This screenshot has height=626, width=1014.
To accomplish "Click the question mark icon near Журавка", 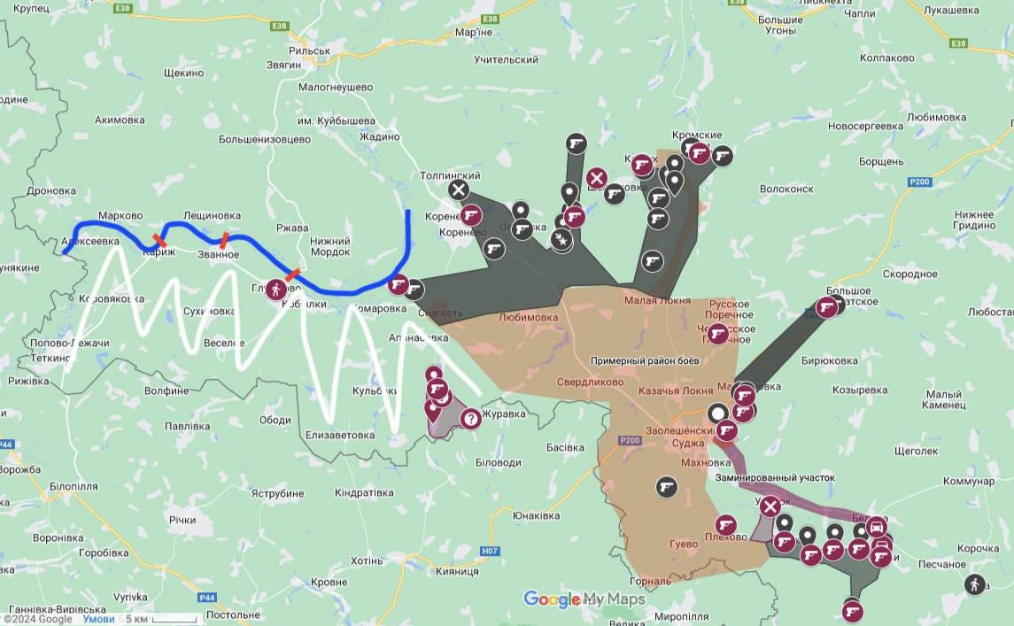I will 470,418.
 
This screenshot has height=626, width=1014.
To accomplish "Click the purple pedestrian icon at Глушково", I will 275,289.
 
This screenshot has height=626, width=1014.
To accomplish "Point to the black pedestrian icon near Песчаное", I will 975,584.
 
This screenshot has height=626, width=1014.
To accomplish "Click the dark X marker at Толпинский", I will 458,189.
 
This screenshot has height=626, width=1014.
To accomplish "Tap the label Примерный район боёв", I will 646,361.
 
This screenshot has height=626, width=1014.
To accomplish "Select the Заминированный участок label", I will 775,477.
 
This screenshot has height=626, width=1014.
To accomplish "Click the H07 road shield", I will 490,551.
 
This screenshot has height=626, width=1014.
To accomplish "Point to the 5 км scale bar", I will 161,619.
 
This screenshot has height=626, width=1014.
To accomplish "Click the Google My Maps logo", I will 584,599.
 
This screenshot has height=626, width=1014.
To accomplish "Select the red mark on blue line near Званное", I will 225,239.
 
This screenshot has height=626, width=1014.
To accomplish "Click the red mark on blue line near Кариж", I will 159,240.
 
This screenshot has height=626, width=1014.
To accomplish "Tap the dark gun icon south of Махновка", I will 666,486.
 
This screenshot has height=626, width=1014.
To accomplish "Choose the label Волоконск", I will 786,189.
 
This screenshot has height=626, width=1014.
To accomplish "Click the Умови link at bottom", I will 98,619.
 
